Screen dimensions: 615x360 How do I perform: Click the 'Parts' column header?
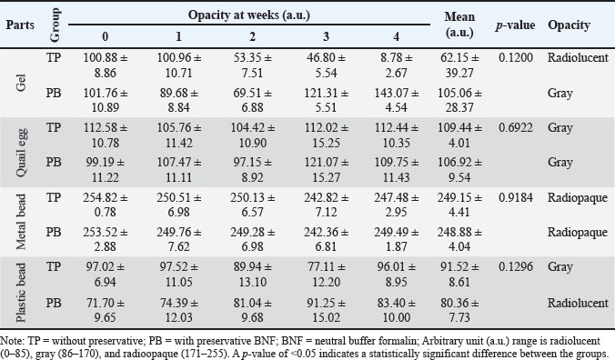(20, 25)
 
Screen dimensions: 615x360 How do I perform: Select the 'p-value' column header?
(515, 25)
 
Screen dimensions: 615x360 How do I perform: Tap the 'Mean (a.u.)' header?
(459, 25)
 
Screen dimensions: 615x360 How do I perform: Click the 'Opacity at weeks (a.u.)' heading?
(249, 15)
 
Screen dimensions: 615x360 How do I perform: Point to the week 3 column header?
(326, 36)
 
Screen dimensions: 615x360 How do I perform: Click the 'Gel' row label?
(20, 83)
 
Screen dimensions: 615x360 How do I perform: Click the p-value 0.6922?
(516, 127)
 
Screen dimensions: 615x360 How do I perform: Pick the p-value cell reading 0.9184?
(516, 197)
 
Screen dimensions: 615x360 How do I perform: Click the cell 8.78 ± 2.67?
(397, 65)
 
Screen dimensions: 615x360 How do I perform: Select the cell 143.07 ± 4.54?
(397, 100)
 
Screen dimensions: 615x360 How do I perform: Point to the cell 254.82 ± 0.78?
(106, 205)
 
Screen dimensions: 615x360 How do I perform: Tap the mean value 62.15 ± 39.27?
(459, 65)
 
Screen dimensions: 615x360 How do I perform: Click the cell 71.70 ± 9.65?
(106, 310)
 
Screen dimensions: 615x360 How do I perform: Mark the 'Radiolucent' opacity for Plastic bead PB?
(578, 303)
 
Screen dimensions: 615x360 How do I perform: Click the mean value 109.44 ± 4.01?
(459, 135)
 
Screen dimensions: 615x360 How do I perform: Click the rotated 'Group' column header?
(55, 25)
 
